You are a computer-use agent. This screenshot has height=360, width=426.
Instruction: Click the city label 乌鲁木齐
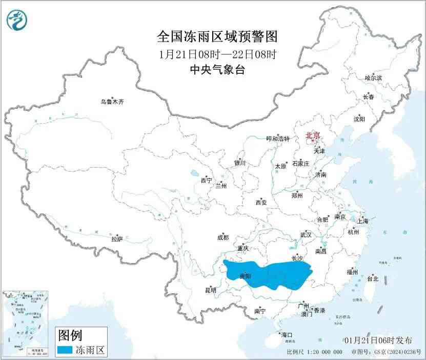coord(112,102)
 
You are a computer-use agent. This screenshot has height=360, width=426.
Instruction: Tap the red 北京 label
coord(313,136)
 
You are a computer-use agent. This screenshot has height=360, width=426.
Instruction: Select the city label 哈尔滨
coord(373,78)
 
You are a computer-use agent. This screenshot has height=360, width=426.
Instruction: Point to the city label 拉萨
coord(117,238)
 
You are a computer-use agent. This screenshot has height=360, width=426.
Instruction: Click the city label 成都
coord(223,237)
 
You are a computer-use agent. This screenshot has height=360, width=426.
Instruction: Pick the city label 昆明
coord(211,290)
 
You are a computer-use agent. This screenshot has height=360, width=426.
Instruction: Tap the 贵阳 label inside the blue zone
coord(246,276)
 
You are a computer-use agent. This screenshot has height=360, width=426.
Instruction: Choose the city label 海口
coord(286,334)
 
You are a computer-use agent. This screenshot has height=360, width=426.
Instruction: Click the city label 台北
coord(373,279)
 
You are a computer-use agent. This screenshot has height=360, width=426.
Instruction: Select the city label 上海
coord(363,222)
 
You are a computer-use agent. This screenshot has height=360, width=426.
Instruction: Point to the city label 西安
coord(261,203)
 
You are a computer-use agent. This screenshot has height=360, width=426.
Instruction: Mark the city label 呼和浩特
coord(278,139)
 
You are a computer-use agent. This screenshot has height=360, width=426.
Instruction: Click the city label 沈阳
coord(359,119)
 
